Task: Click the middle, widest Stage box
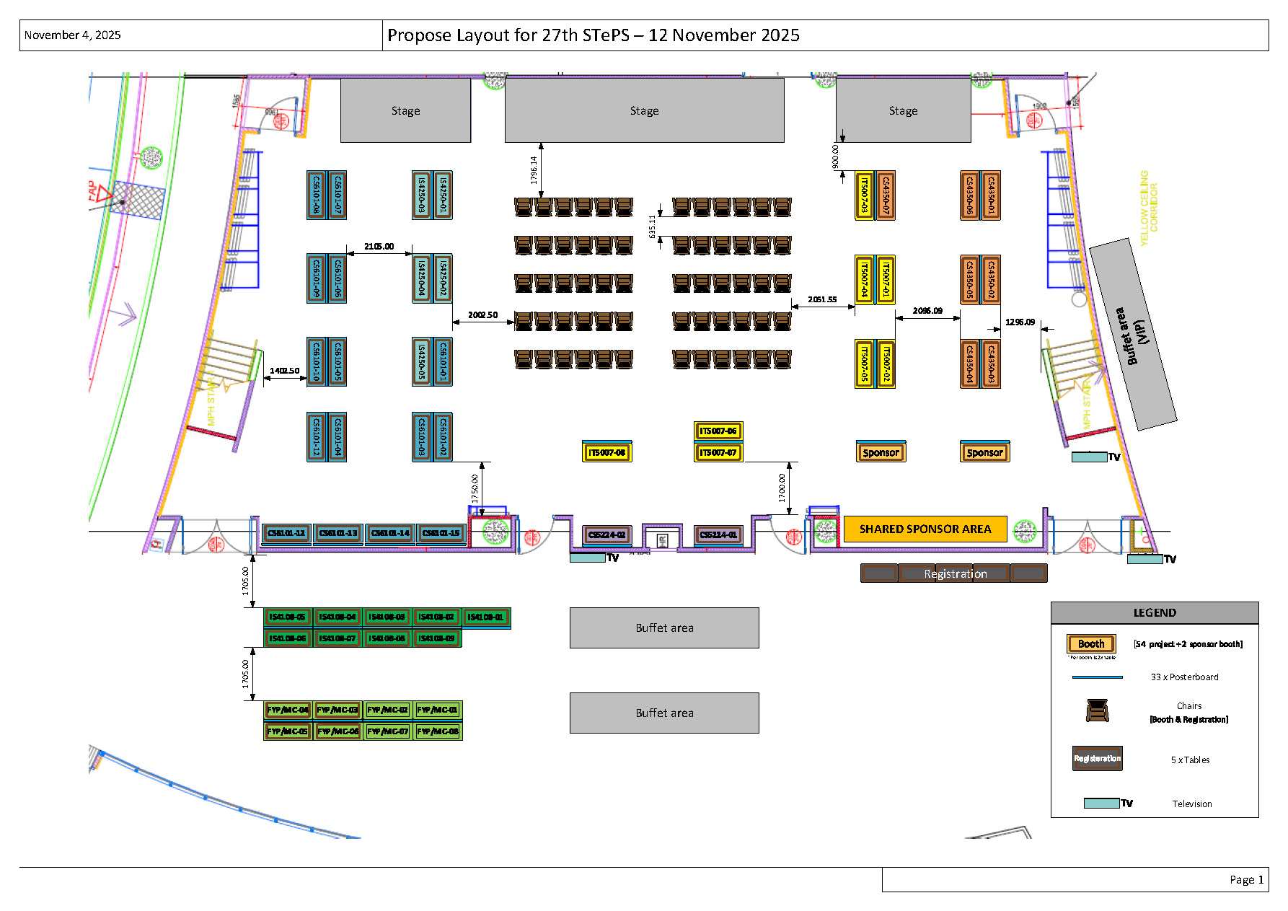pyautogui.click(x=644, y=110)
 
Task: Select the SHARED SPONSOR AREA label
pyautogui.click(x=925, y=529)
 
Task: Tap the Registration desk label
pyautogui.click(x=955, y=573)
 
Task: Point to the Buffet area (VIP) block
pyautogui.click(x=1133, y=335)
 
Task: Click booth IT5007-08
pyautogui.click(x=606, y=452)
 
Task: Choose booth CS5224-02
pyautogui.click(x=606, y=534)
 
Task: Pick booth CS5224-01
pyautogui.click(x=718, y=534)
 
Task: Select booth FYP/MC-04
pyautogui.click(x=287, y=710)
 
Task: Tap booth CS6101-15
pyautogui.click(x=441, y=533)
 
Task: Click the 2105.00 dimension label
pyautogui.click(x=379, y=247)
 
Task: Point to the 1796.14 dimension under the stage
pyautogui.click(x=534, y=170)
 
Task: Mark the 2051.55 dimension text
pyautogui.click(x=822, y=299)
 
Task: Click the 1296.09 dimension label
pyautogui.click(x=1020, y=322)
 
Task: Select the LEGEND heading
pyautogui.click(x=1154, y=612)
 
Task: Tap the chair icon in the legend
pyautogui.click(x=1097, y=710)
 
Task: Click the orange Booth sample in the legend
pyautogui.click(x=1091, y=643)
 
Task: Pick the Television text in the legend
pyautogui.click(x=1191, y=804)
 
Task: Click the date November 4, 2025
pyautogui.click(x=72, y=35)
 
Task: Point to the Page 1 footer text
pyautogui.click(x=1246, y=879)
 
